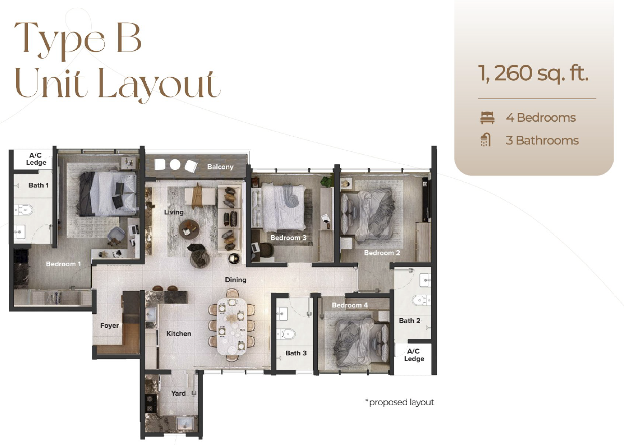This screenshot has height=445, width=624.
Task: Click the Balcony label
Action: [220, 167]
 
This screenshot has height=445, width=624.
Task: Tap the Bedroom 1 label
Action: [63, 264]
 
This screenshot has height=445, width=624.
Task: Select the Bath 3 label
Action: [296, 353]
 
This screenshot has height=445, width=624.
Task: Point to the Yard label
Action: [178, 393]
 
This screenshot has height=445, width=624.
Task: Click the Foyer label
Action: [109, 326]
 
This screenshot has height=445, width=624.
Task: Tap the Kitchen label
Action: [179, 334]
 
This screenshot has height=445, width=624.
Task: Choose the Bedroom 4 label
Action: [350, 305]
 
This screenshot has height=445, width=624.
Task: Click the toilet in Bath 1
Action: [24, 210]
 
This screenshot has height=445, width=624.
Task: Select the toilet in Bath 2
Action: [421, 300]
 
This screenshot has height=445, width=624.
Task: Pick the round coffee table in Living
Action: [189, 229]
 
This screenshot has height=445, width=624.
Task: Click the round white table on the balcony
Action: [175, 164]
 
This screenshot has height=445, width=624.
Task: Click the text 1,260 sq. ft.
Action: [533, 73]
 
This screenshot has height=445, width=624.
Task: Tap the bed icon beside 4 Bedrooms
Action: [488, 118]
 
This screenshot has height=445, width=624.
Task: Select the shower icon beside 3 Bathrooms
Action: [486, 140]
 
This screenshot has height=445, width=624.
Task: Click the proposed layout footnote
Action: [400, 402]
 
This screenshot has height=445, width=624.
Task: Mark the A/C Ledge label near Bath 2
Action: [414, 355]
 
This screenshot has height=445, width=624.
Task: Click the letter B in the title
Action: [129, 38]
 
